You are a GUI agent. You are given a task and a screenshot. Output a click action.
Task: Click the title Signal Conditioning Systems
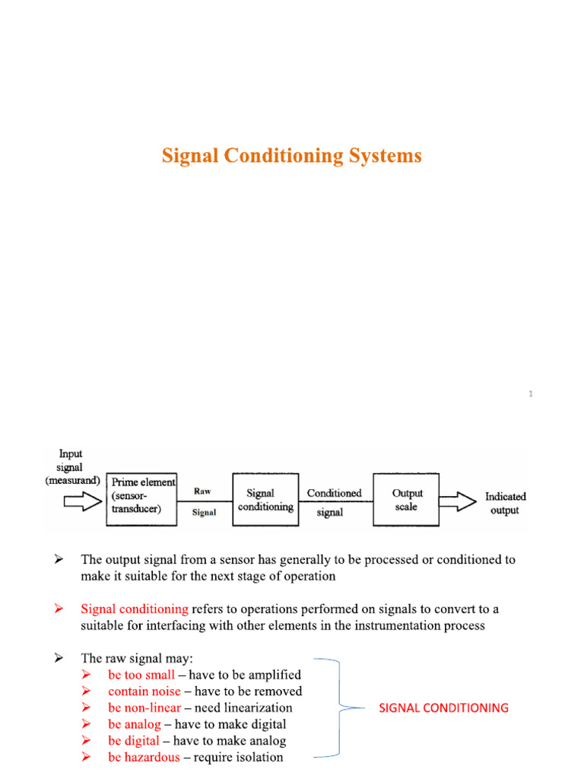291,156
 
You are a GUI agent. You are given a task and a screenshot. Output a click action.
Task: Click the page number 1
530,393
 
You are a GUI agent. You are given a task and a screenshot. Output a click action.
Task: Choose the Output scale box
407,500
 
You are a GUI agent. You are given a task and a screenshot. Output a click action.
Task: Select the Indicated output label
506,503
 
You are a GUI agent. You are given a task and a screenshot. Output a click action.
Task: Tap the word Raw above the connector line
202,491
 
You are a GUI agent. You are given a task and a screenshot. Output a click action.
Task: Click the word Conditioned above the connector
334,493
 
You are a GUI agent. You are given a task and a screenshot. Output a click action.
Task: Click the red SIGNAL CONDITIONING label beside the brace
443,707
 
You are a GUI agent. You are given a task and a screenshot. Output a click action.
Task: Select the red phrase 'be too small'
141,675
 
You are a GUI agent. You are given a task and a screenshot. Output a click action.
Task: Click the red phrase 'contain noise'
144,692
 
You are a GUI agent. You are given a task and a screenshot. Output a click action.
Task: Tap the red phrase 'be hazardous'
144,757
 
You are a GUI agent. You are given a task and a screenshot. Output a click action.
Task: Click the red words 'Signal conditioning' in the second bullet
135,609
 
